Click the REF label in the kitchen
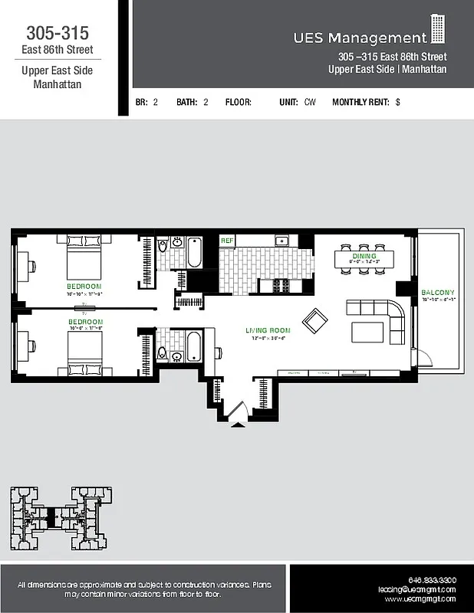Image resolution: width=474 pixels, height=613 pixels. pyautogui.click(x=227, y=241)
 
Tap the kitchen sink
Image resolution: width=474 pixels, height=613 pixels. pyautogui.click(x=281, y=241)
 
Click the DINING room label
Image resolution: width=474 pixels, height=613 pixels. pyautogui.click(x=364, y=256)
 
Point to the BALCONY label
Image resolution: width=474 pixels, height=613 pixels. pyautogui.click(x=437, y=293)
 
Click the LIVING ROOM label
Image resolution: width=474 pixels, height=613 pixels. pyautogui.click(x=265, y=331)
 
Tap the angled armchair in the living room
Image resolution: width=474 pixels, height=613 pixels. pyautogui.click(x=314, y=320)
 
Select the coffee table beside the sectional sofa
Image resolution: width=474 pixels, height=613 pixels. pyautogui.click(x=367, y=331)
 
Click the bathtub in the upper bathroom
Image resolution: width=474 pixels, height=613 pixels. pyautogui.click(x=194, y=253)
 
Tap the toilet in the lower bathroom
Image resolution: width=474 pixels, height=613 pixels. pyautogui.click(x=163, y=352)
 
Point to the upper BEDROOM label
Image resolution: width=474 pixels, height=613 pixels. pyautogui.click(x=84, y=287)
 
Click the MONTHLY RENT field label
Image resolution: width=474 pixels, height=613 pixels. pyautogui.click(x=360, y=102)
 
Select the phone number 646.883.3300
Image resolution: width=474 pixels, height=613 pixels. pyautogui.click(x=433, y=580)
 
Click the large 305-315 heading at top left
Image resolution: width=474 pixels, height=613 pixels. pyautogui.click(x=58, y=33)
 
